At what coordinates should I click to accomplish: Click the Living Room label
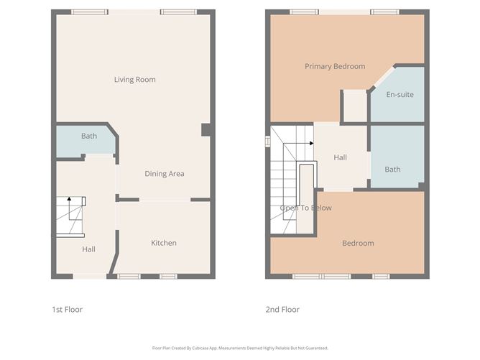click(134, 80)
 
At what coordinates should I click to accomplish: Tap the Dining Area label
click(165, 174)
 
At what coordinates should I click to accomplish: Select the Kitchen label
click(163, 243)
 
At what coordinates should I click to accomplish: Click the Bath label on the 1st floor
click(88, 136)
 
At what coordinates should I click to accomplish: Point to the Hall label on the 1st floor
click(88, 249)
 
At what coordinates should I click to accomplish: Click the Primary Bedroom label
click(334, 67)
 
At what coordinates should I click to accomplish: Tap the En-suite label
click(400, 94)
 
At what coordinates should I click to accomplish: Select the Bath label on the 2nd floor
click(392, 170)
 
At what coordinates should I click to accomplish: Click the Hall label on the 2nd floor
click(341, 157)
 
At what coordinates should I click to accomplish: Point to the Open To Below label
click(305, 208)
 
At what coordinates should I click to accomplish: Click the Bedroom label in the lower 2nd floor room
click(357, 243)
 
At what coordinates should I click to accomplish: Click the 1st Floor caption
click(67, 310)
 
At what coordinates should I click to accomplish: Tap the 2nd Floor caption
click(283, 310)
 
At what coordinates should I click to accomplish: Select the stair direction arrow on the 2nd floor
click(310, 143)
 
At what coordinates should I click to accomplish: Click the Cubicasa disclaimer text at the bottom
click(240, 348)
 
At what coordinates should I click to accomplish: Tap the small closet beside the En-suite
click(354, 106)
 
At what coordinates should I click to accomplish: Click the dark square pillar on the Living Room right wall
click(206, 129)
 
